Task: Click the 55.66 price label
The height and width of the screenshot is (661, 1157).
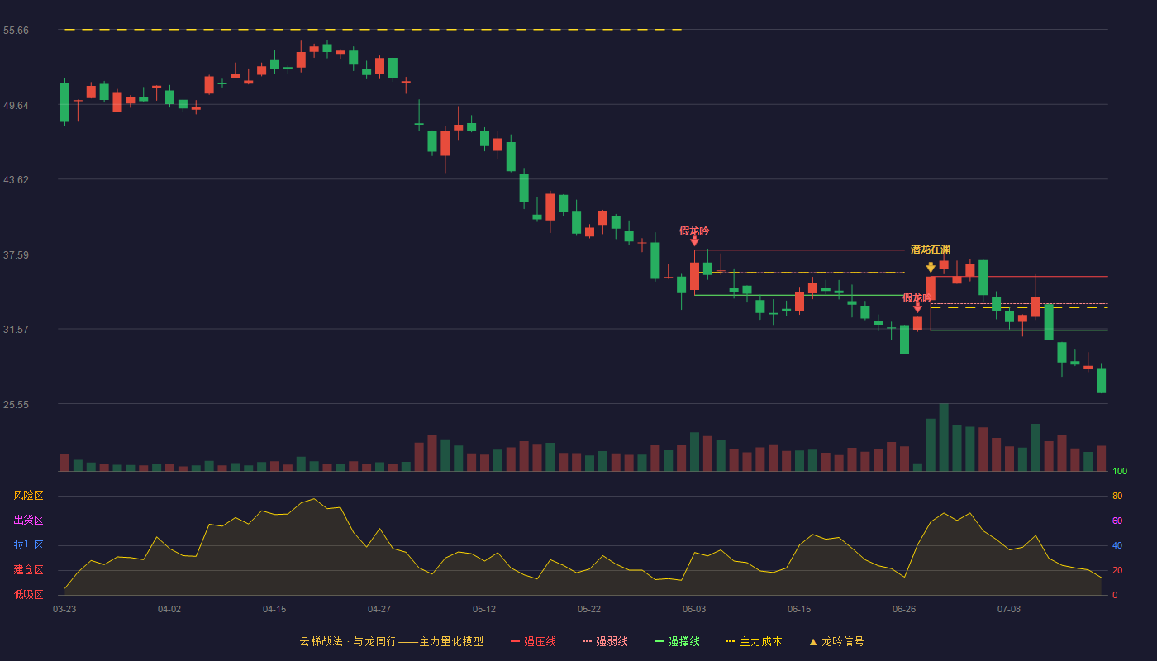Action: click(16, 31)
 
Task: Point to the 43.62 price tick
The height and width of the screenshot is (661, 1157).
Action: click(16, 180)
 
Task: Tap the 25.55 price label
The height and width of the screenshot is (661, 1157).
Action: click(16, 404)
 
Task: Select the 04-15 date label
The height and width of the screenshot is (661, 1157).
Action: click(274, 610)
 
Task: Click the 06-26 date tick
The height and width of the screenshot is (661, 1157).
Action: click(904, 610)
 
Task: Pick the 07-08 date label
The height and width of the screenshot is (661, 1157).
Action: click(1009, 610)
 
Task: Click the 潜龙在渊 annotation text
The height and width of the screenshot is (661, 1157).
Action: click(931, 250)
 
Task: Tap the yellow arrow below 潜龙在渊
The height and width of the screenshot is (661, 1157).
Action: click(931, 268)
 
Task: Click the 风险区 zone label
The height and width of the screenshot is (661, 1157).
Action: click(28, 496)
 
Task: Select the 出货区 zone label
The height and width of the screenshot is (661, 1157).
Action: click(28, 520)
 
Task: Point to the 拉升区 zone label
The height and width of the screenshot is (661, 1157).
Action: click(28, 544)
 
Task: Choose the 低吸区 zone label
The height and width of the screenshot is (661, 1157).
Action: click(28, 594)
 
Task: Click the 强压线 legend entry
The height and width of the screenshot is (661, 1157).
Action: click(533, 641)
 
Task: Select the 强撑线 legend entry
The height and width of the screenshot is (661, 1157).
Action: click(677, 641)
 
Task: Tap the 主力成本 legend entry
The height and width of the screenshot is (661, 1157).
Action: click(754, 641)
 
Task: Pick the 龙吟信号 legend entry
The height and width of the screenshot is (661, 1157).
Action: click(836, 641)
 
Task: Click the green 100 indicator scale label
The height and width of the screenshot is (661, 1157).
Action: click(1120, 471)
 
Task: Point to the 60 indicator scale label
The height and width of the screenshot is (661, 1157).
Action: click(1117, 521)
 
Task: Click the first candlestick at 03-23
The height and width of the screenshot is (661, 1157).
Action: click(64, 102)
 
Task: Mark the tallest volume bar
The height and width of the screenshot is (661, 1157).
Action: click(944, 437)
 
